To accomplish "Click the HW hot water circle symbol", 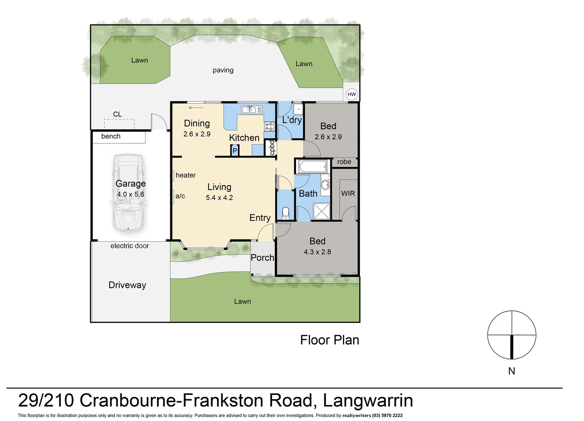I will (351, 94).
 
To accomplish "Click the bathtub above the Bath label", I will (312, 167).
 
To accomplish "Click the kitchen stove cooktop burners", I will (269, 126).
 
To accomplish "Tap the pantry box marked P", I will (235, 150).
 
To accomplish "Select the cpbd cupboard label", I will (272, 148).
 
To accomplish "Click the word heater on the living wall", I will (185, 175).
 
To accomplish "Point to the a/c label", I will (180, 196).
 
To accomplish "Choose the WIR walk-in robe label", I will (348, 193).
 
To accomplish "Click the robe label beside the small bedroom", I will (344, 162).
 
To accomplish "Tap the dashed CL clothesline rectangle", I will (119, 124).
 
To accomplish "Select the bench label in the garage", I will (111, 136).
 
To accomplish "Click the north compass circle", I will (512, 335).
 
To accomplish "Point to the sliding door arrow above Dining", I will (196, 108).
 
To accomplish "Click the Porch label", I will (262, 258).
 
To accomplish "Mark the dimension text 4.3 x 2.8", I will (317, 252).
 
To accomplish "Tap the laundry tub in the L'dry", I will (298, 108).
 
